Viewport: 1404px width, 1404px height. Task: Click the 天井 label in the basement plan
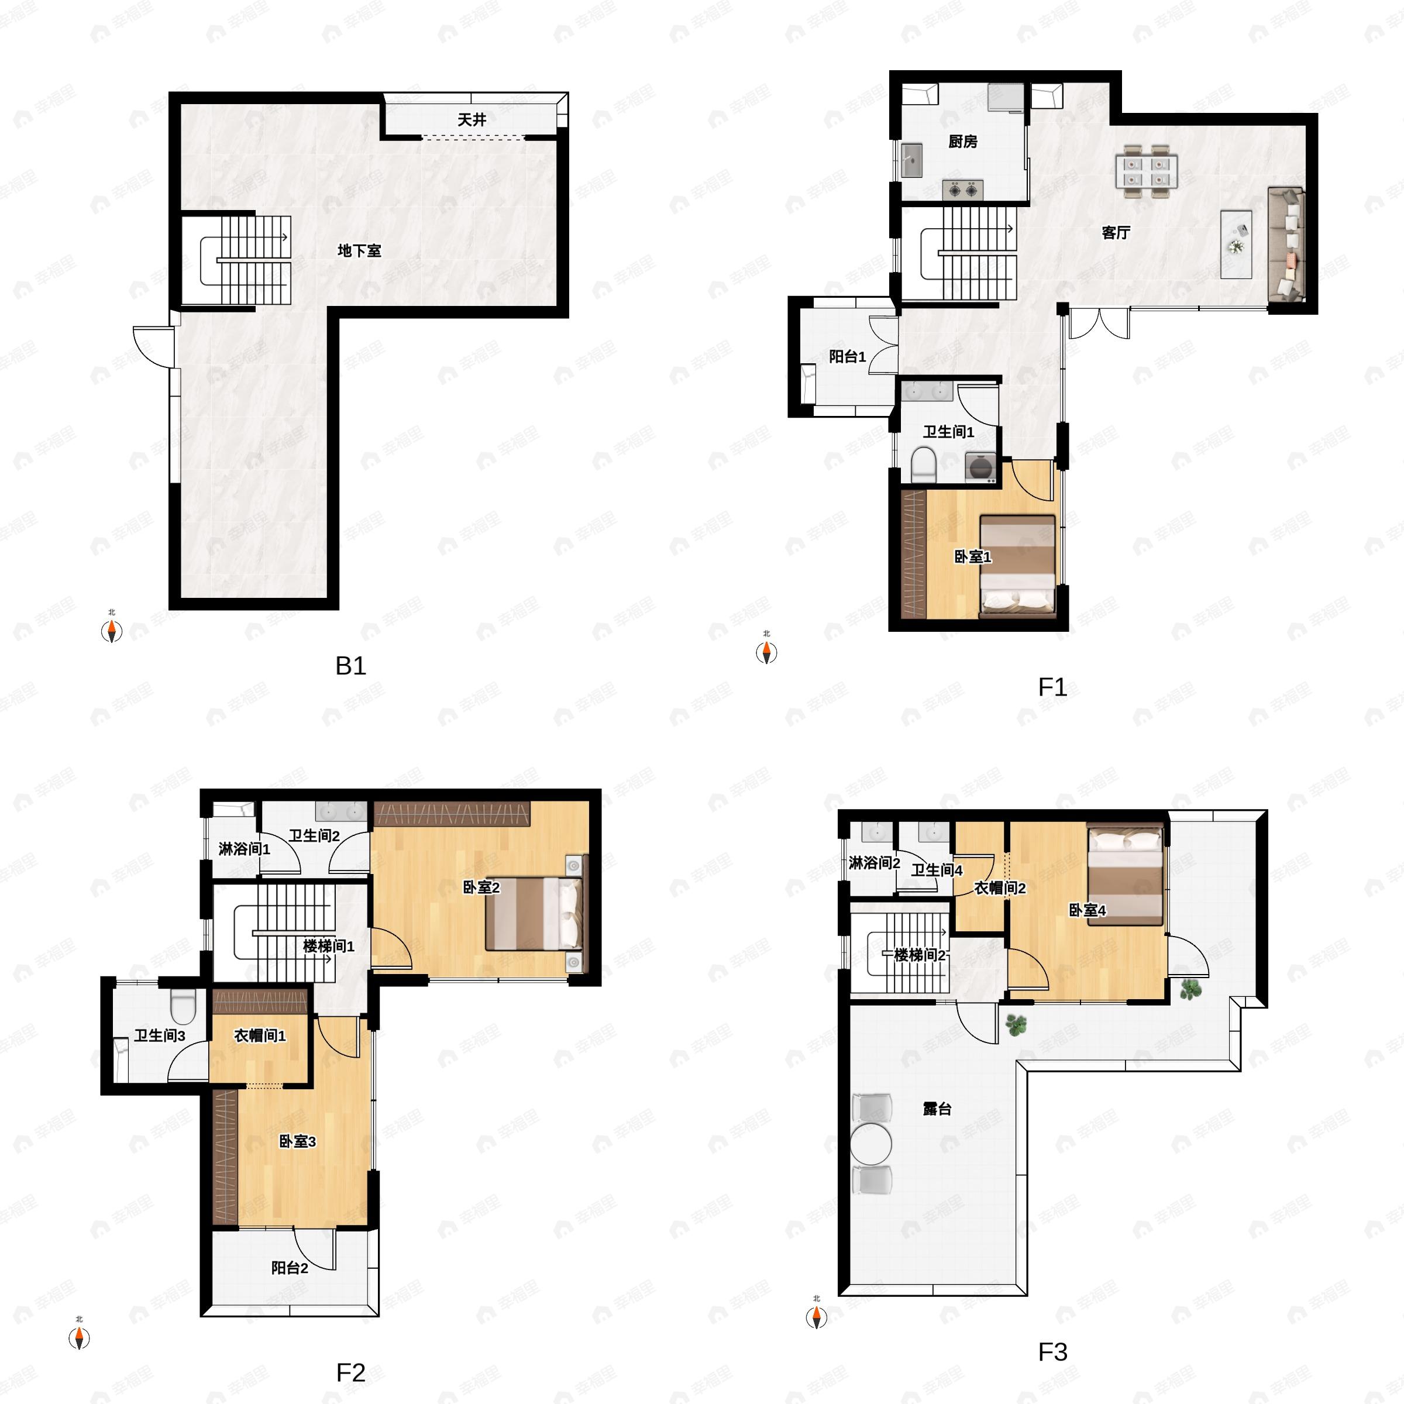pos(472,119)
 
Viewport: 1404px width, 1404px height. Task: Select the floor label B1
pos(350,666)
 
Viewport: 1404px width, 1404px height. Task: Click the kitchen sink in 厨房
pos(911,160)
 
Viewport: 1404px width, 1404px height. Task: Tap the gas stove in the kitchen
pos(963,190)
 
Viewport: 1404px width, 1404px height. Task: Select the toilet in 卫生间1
pos(923,464)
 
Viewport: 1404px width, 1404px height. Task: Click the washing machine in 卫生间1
pos(980,466)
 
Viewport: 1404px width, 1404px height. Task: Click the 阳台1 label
pos(847,356)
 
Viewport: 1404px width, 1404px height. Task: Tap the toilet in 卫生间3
pos(183,1006)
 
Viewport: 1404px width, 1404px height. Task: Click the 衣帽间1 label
pos(259,1035)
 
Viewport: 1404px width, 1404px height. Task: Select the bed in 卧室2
pos(534,913)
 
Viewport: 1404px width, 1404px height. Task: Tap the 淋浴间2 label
pos(874,863)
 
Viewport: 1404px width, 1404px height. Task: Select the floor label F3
pos(1052,1353)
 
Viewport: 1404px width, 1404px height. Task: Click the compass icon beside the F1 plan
pos(766,652)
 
